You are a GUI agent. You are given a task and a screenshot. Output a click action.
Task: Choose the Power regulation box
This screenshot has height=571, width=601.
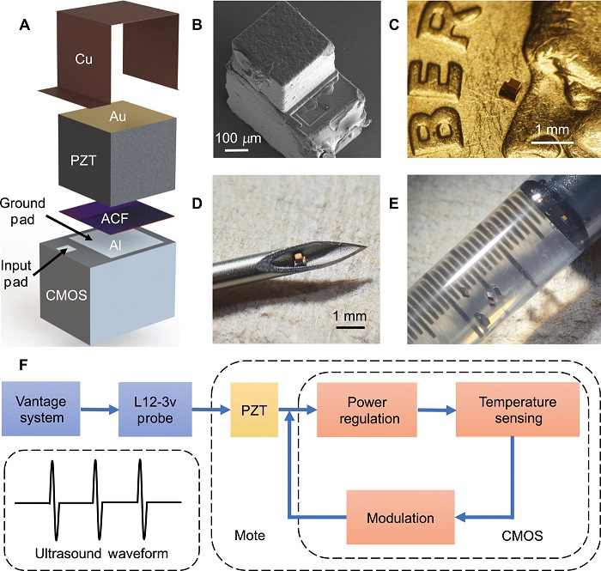click(x=367, y=404)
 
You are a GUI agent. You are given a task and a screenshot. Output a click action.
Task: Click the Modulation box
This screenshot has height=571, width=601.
click(x=399, y=518)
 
